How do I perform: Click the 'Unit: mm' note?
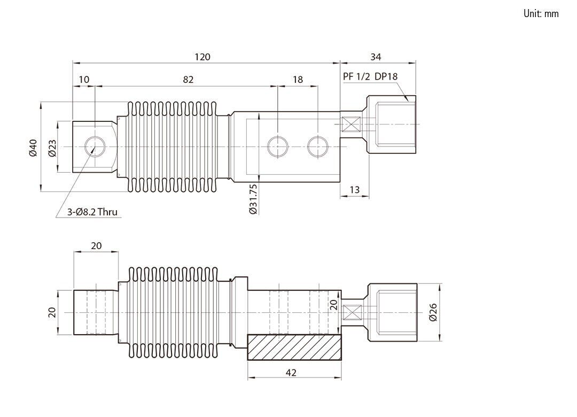[x=541, y=13]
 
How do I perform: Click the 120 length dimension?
[x=202, y=57]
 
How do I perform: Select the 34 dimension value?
[x=376, y=57]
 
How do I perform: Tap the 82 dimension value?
[x=188, y=80]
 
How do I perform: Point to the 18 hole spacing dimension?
[x=298, y=80]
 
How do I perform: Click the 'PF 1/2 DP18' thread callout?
[x=370, y=76]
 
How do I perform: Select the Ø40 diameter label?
[x=33, y=148]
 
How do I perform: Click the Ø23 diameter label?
[x=52, y=148]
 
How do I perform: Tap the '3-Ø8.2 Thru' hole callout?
[x=92, y=212]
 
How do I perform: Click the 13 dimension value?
[x=354, y=190]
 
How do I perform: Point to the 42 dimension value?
[x=291, y=373]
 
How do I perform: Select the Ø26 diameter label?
[x=433, y=312]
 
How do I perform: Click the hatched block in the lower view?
[x=294, y=347]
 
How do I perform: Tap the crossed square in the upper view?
[x=351, y=124]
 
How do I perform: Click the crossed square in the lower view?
[x=352, y=312]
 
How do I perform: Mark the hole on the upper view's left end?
[x=95, y=146]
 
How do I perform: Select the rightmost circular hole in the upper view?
[x=317, y=146]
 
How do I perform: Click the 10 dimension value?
[x=84, y=80]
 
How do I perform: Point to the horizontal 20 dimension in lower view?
[x=96, y=246]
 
